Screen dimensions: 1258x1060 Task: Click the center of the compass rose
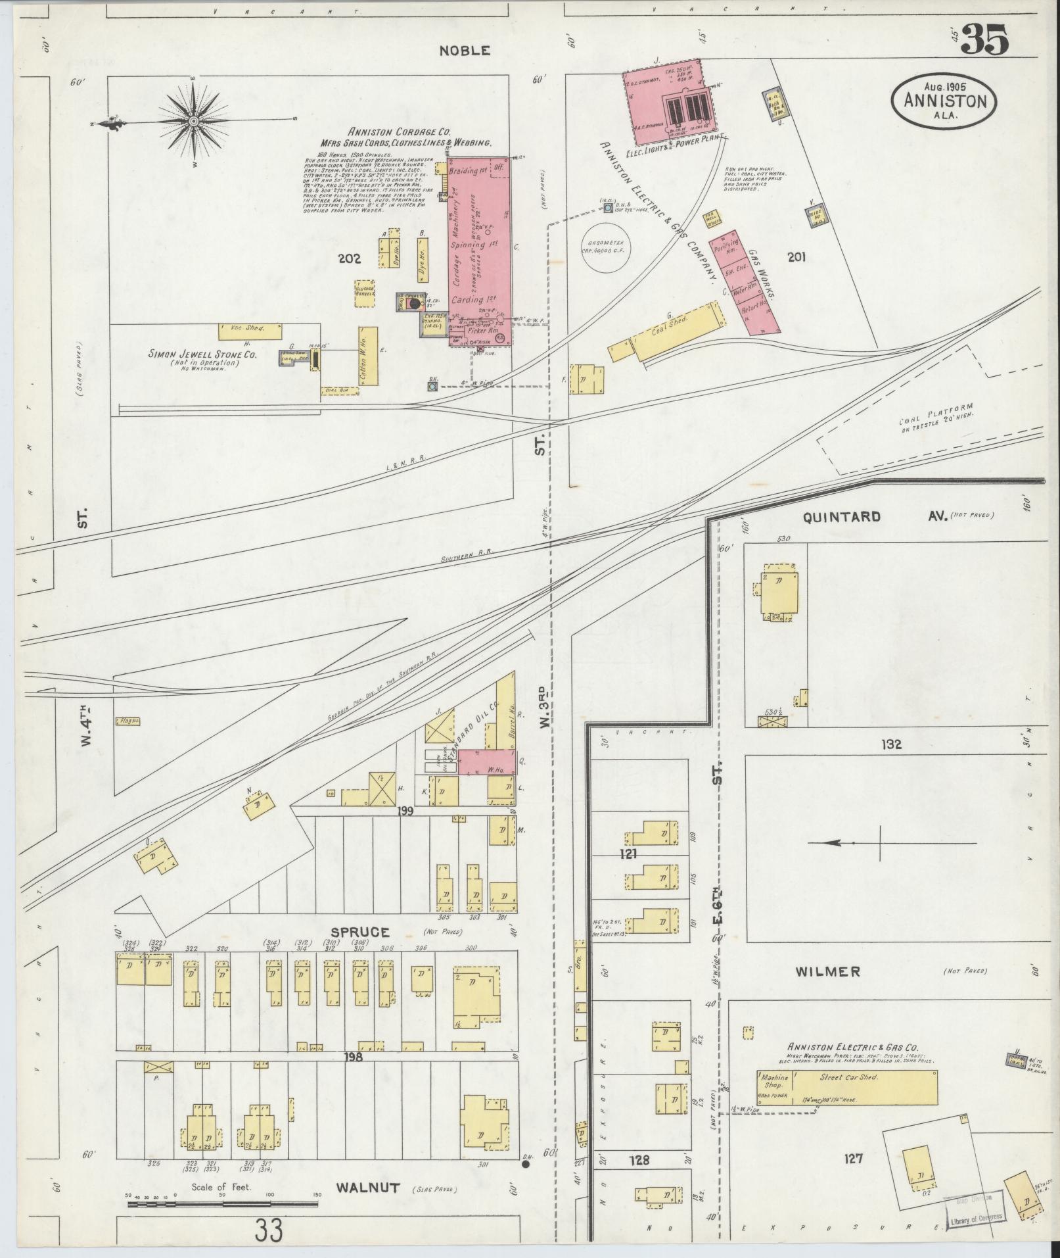tap(195, 122)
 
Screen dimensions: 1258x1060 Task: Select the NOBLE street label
tap(465, 51)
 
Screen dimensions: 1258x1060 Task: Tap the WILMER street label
tap(827, 971)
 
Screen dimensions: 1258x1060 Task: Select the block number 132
tap(892, 744)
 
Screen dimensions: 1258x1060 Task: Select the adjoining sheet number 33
tap(270, 1229)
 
